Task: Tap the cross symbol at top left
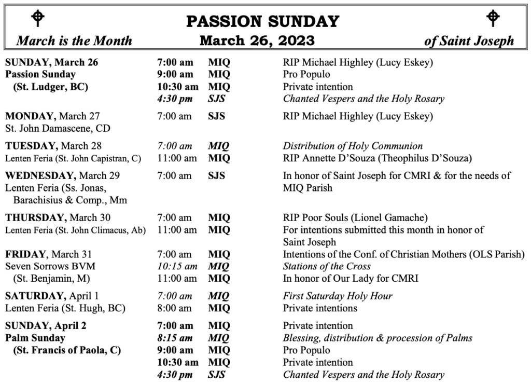[38, 19]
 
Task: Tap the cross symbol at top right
[493, 19]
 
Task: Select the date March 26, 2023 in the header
[257, 40]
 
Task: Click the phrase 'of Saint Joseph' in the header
[469, 41]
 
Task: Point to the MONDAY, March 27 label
[52, 116]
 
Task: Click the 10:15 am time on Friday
[177, 266]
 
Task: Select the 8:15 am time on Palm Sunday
[175, 338]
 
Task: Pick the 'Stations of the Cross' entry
[327, 266]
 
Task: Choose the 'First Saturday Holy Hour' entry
[338, 296]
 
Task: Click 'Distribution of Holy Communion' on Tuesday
[353, 146]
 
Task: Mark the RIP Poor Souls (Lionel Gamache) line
[355, 217]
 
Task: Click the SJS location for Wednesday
[216, 175]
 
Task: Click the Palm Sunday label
[35, 338]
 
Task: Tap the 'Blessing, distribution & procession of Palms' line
[378, 338]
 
